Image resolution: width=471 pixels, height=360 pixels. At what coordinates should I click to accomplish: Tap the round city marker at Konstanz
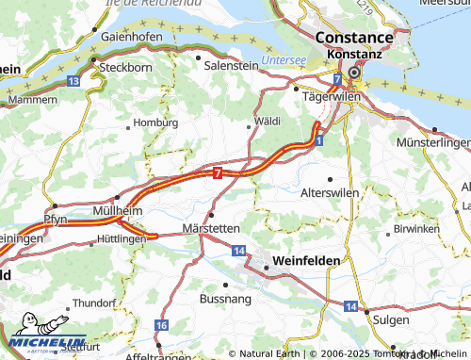coord(354,72)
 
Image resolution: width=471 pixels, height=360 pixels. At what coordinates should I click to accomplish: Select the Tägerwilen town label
coord(326,96)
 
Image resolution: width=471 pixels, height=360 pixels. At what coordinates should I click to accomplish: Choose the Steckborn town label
coord(125,68)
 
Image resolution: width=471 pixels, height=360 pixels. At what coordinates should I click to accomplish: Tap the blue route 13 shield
coord(73,83)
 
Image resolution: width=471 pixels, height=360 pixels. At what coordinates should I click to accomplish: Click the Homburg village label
coord(156,123)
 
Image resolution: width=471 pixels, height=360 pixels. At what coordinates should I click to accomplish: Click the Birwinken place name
coord(416,229)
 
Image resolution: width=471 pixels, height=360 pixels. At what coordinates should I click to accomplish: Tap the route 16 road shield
coord(161,325)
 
